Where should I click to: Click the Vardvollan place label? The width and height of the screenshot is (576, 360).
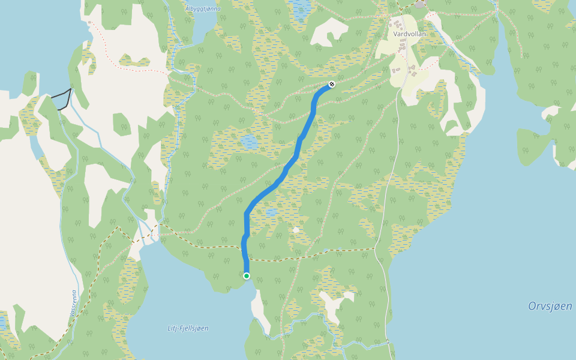point(410,34)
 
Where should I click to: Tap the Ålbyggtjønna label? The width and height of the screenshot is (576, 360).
point(203,8)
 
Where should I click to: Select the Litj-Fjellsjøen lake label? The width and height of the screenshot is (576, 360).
point(188,328)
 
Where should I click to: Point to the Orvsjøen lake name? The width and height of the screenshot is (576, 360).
point(550,306)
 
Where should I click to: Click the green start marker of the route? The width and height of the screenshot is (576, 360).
point(247,276)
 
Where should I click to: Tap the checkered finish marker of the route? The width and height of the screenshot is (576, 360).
point(331,85)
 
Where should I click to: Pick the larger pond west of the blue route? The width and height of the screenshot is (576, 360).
point(248,143)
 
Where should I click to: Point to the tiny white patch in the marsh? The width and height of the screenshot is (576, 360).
point(296,230)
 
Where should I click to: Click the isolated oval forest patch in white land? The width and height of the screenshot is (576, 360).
point(122,125)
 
